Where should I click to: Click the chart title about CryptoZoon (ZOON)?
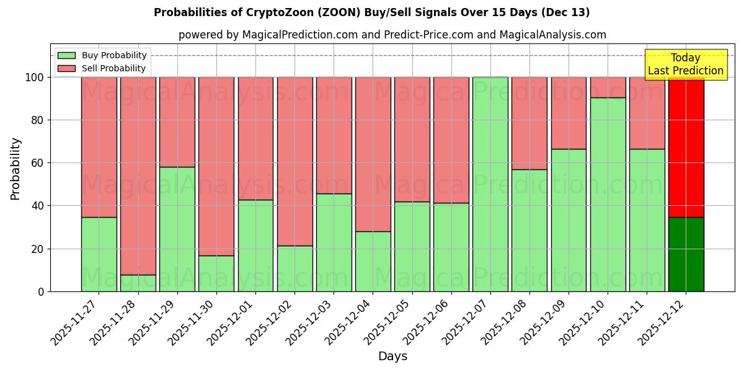371,12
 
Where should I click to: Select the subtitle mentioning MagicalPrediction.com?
392,35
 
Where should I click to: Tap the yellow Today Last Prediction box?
685,64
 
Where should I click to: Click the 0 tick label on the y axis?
41,291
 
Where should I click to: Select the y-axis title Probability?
15,169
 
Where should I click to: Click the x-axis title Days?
392,356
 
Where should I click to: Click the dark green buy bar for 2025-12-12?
686,254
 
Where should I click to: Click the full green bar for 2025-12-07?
490,184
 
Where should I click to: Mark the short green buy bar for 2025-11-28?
138,283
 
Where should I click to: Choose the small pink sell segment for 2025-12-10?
608,87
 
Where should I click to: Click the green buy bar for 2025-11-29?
177,229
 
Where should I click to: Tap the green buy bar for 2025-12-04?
373,261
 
